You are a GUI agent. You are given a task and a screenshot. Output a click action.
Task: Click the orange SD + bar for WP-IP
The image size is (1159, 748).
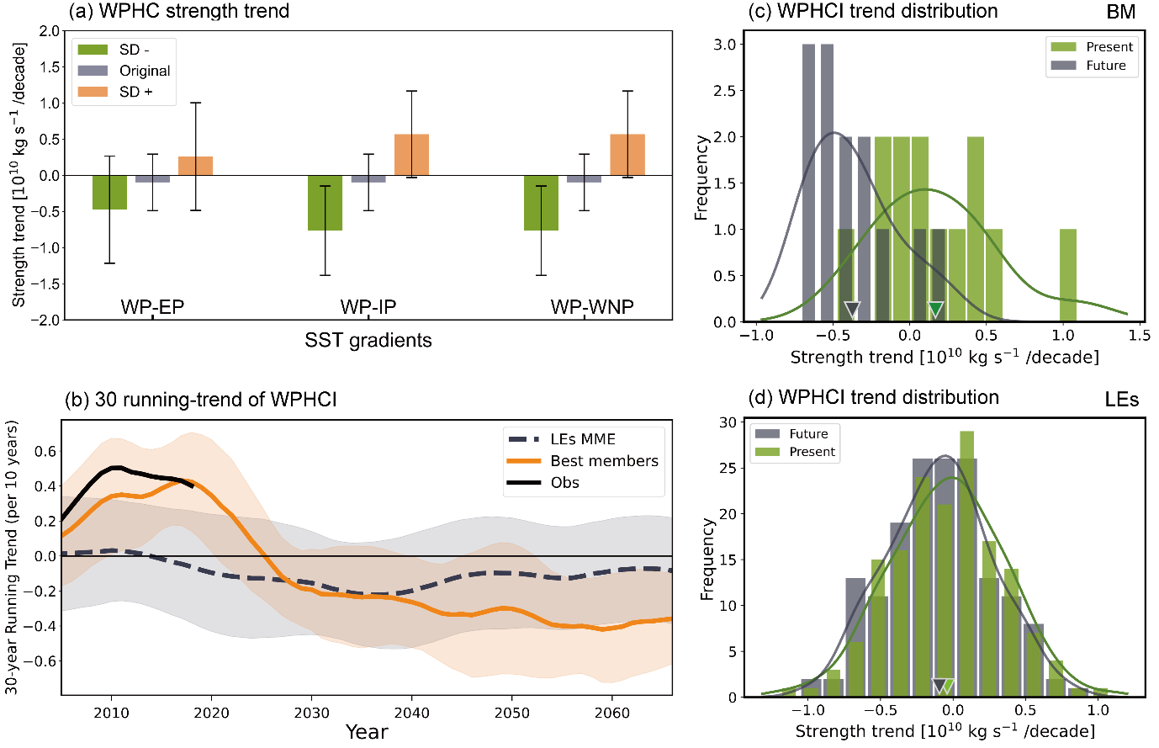[411, 155]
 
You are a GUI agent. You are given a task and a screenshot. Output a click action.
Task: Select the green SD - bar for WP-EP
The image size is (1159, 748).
[109, 192]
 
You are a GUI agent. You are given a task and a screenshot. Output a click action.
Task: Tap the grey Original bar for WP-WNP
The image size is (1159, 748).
[584, 179]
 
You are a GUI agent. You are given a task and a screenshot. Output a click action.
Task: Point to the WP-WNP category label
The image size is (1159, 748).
[592, 307]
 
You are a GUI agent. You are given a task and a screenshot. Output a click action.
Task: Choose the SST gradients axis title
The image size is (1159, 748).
[368, 341]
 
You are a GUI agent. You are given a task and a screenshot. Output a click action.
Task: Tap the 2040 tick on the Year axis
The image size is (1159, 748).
[411, 713]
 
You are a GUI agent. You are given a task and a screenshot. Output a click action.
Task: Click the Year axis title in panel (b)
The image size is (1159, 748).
[367, 732]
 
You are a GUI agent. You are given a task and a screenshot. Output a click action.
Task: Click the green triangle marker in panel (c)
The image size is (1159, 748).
[935, 309]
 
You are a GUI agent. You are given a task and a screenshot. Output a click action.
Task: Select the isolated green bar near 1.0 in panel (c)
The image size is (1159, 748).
[1067, 276]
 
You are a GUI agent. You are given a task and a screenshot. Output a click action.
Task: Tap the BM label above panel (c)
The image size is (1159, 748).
[1121, 12]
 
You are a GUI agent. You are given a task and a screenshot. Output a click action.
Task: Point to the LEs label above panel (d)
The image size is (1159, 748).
[1121, 399]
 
